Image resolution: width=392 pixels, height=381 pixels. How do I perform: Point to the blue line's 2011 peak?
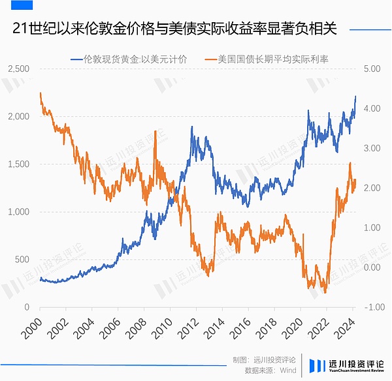(x=192, y=127)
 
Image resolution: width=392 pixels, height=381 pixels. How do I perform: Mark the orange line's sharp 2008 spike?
(x=155, y=142)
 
